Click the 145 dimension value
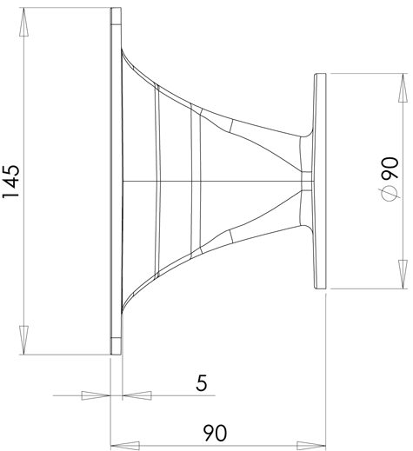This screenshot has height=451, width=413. pyautogui.click(x=11, y=182)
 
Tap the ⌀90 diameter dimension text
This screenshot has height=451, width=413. pyautogui.click(x=390, y=179)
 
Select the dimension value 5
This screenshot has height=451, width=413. pyautogui.click(x=202, y=382)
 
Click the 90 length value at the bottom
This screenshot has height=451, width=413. pyautogui.click(x=215, y=433)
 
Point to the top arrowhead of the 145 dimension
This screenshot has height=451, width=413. pyautogui.click(x=23, y=22)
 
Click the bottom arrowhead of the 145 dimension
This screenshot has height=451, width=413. pyautogui.click(x=23, y=340)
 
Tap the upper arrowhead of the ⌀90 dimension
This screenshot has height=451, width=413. pyautogui.click(x=403, y=88)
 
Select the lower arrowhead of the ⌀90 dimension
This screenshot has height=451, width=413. pyautogui.click(x=403, y=274)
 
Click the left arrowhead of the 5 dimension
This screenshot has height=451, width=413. pyautogui.click(x=96, y=395)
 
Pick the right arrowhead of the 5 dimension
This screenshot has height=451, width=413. pyautogui.click(x=137, y=395)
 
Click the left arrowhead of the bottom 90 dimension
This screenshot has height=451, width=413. pyautogui.click(x=125, y=446)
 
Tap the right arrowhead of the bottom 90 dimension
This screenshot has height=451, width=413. pyautogui.click(x=311, y=446)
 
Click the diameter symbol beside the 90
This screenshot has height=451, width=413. pyautogui.click(x=389, y=194)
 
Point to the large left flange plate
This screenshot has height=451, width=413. pyautogui.click(x=116, y=181)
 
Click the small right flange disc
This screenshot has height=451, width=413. pyautogui.click(x=320, y=181)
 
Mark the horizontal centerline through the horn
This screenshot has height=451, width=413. pyautogui.click(x=218, y=182)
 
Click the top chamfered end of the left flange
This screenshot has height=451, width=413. pyautogui.click(x=116, y=17)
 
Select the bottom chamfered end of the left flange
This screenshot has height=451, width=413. pyautogui.click(x=116, y=346)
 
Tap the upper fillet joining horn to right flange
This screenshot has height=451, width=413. pyautogui.click(x=308, y=134)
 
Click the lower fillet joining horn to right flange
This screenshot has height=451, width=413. pyautogui.click(x=308, y=229)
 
